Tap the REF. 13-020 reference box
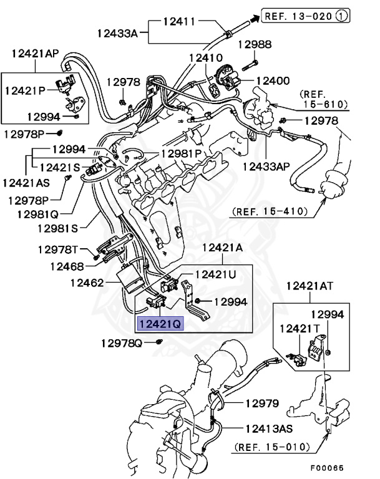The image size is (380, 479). click(299, 16)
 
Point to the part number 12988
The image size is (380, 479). click(256, 44)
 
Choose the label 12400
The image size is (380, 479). click(273, 81)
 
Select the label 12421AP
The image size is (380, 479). click(34, 54)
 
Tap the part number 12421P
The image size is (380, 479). click(26, 90)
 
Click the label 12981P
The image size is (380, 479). click(182, 153)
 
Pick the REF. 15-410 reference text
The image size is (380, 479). click(270, 211)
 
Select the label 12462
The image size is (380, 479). click(85, 283)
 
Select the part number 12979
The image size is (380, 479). click(261, 404)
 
